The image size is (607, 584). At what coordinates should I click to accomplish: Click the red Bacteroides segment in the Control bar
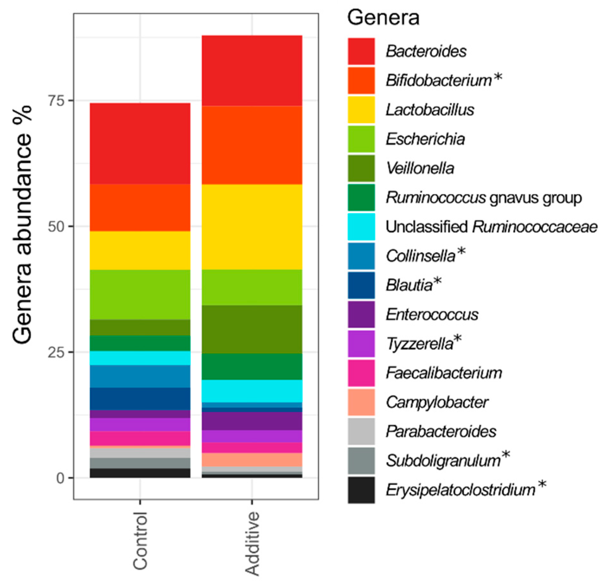pos(140,144)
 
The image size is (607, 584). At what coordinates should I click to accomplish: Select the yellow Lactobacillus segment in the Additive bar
pos(252,227)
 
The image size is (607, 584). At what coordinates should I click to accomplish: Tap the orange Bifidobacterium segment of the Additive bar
pos(252,145)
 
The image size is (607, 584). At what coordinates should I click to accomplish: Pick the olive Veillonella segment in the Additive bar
pos(252,329)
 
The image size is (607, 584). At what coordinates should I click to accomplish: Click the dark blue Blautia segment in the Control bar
pos(140,399)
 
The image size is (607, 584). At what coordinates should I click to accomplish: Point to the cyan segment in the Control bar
pos(140,358)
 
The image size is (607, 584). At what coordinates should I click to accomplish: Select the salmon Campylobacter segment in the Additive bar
pos(252,460)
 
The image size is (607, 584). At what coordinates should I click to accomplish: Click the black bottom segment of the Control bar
pos(140,473)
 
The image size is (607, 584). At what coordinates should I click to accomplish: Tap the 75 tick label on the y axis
pos(56,101)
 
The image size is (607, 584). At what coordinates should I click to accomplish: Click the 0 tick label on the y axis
pos(60,478)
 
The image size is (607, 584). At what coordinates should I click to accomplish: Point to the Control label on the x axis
pos(140,541)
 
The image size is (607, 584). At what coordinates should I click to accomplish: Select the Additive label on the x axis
pos(252,543)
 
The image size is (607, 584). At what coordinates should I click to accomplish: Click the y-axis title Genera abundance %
pos(22,225)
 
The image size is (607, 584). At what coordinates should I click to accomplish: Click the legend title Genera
pos(383,18)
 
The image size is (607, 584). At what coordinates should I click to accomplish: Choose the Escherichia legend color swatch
pos(361,139)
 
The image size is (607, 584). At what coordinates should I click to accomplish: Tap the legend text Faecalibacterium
pos(444,373)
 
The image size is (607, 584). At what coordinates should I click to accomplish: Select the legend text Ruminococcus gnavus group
pos(484,197)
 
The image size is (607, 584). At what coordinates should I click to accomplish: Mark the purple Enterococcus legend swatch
pos(361,314)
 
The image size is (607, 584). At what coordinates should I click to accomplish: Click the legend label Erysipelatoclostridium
pos(461,490)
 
